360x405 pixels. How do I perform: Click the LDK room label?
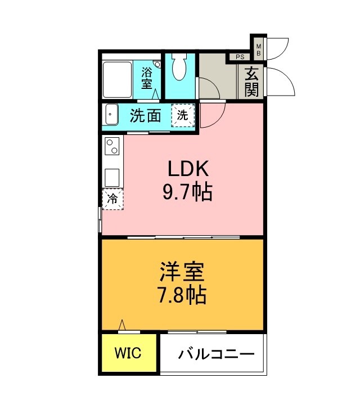[187, 169]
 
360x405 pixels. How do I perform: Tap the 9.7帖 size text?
[187, 192]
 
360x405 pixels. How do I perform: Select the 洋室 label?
[182, 272]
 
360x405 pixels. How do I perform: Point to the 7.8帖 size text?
[182, 294]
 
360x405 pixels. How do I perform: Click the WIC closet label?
[128, 353]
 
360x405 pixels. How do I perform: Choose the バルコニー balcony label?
[217, 354]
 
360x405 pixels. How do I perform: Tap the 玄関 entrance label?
[251, 82]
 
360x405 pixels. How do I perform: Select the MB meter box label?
[259, 49]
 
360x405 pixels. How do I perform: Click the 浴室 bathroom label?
[147, 78]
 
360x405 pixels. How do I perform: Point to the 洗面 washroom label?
[146, 116]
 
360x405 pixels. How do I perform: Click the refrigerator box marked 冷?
[112, 198]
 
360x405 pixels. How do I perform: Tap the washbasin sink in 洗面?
[110, 116]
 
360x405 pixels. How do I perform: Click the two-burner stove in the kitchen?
[111, 147]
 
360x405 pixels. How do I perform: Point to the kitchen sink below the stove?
[111, 177]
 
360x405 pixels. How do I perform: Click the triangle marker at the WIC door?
[121, 326]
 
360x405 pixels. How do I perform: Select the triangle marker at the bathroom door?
[154, 96]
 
